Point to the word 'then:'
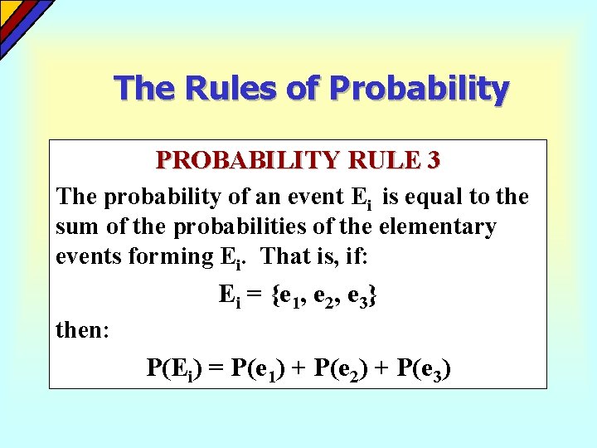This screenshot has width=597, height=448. pyautogui.click(x=82, y=330)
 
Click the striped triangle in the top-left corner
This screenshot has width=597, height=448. pyautogui.click(x=17, y=17)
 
